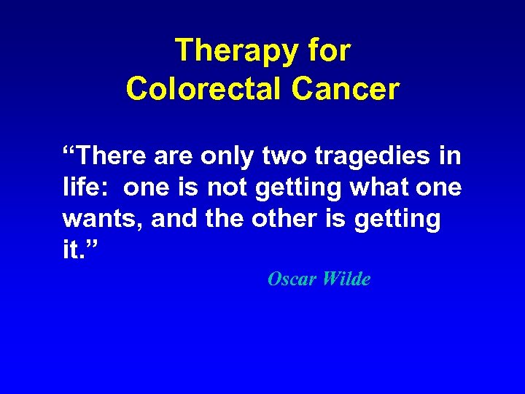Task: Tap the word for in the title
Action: (x=329, y=52)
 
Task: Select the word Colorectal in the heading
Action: (x=203, y=88)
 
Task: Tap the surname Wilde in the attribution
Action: (x=346, y=279)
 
